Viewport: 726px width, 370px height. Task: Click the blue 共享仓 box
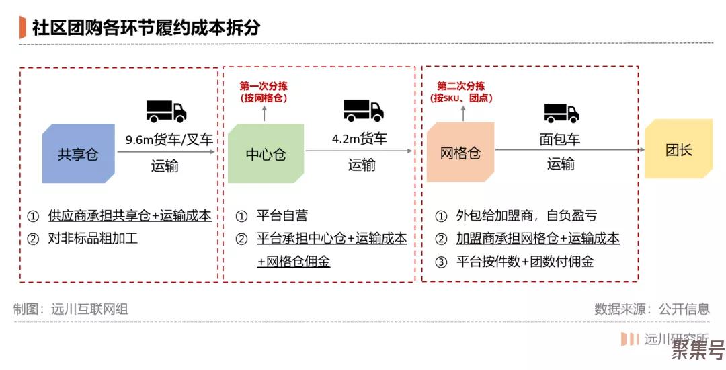click(78, 153)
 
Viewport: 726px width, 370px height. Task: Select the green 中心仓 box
click(266, 153)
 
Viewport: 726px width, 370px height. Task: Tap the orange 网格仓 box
click(460, 152)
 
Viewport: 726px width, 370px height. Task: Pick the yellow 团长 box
click(679, 149)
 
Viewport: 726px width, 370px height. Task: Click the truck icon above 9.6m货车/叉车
click(166, 111)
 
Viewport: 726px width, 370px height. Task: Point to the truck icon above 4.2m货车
click(364, 111)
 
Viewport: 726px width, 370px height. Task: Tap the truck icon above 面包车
click(561, 113)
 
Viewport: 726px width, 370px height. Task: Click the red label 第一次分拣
click(264, 86)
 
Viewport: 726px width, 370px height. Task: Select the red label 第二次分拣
click(461, 86)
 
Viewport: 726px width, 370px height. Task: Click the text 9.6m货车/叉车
click(169, 139)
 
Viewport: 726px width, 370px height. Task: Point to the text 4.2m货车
click(359, 139)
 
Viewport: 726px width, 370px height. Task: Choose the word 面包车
click(560, 139)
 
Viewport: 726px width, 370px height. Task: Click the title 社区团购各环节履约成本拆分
click(147, 28)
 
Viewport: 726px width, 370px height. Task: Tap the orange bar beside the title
click(22, 28)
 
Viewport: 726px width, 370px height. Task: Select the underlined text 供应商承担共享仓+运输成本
click(130, 215)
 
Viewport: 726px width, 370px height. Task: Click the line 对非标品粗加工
click(93, 239)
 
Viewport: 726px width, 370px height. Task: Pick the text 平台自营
click(282, 215)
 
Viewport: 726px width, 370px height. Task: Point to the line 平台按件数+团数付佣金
click(525, 262)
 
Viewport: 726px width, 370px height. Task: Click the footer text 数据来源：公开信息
click(652, 309)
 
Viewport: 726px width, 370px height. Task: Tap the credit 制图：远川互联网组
click(71, 309)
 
